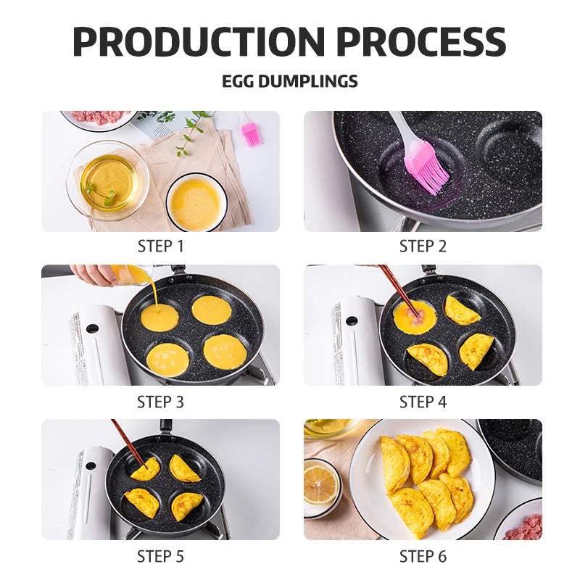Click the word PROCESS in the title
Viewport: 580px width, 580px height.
tap(421, 41)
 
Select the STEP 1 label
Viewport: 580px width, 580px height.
tap(160, 246)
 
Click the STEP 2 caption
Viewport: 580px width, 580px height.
tap(423, 246)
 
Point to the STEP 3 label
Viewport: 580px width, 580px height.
tap(160, 402)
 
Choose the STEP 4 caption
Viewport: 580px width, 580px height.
tap(423, 402)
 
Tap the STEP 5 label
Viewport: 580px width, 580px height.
tap(160, 556)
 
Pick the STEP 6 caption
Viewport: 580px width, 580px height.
tap(423, 556)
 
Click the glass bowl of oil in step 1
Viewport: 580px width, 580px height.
tap(108, 180)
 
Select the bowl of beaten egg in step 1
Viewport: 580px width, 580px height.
tap(196, 202)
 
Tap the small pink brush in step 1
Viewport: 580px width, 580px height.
tap(249, 130)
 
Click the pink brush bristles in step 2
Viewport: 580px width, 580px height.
tap(430, 172)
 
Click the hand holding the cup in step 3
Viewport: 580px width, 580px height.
tap(93, 275)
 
